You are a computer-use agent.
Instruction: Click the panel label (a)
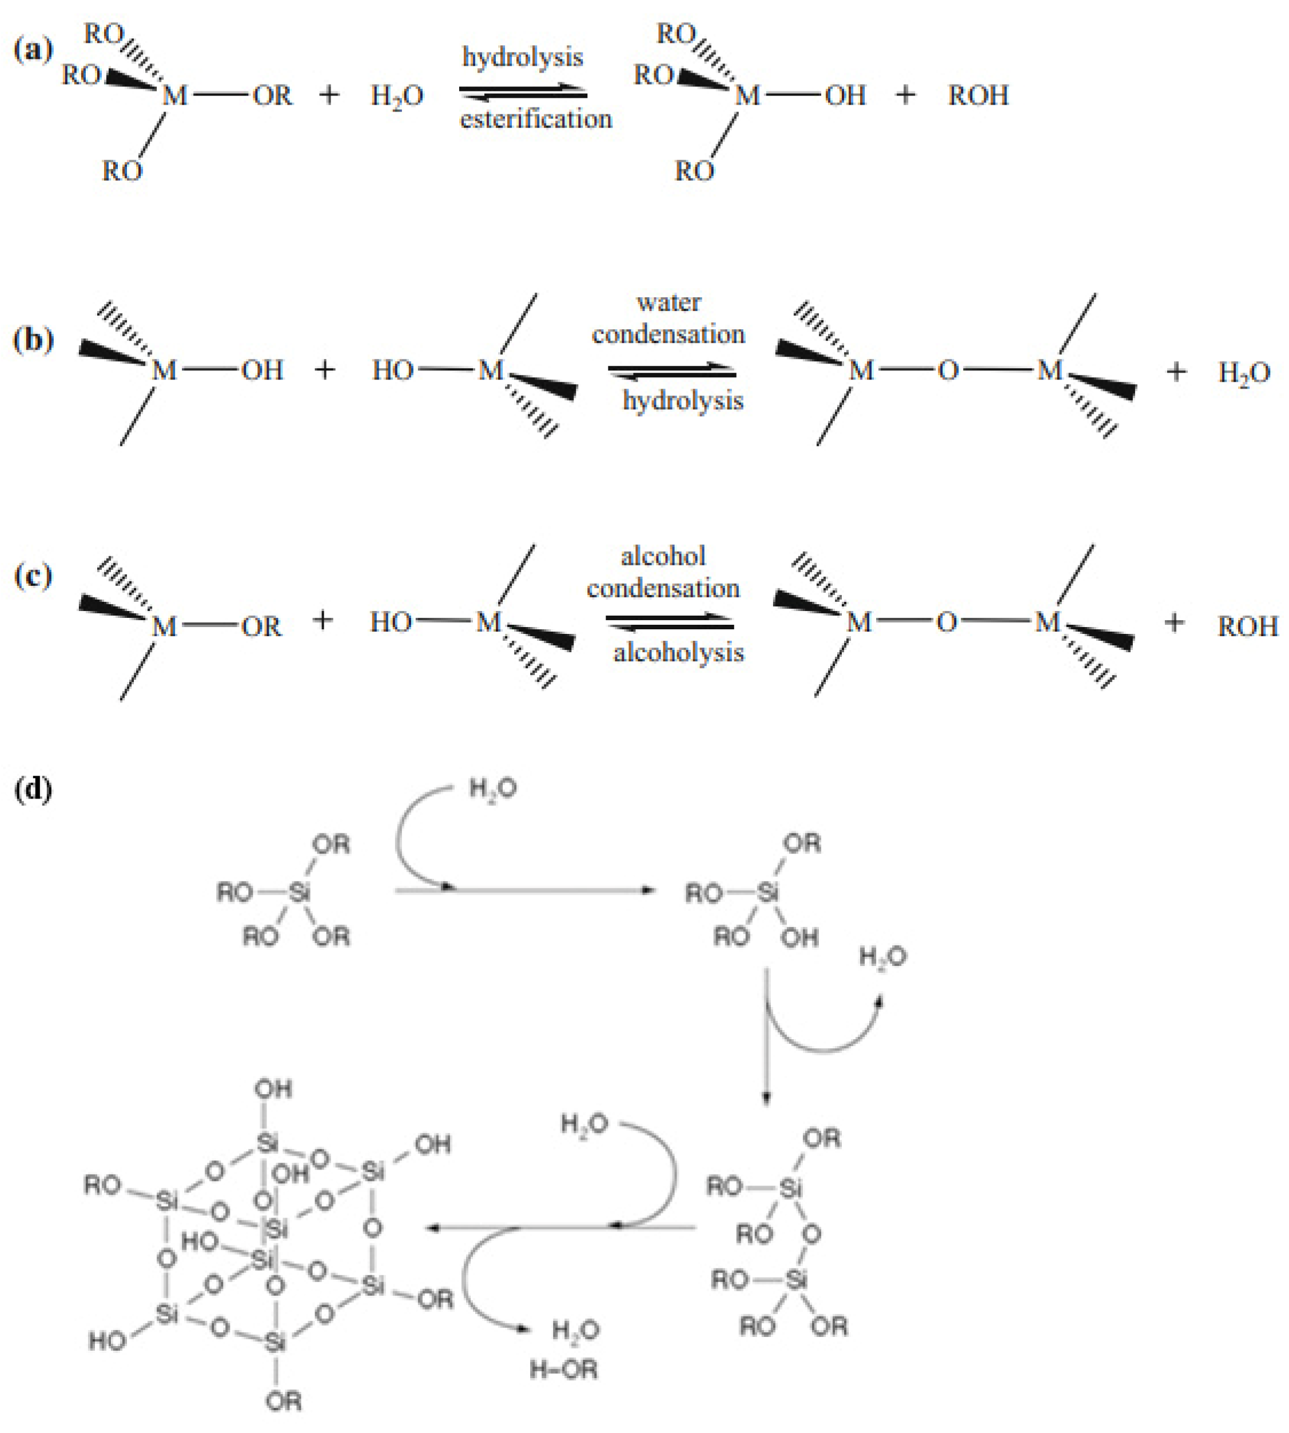coord(33,50)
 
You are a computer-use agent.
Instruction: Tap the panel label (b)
coord(33,341)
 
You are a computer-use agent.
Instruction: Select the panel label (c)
coord(33,576)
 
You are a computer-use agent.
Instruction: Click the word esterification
coord(536,119)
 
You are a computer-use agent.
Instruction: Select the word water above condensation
coord(669,302)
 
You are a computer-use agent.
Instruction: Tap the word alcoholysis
coord(678,652)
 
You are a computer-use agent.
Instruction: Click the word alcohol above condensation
coord(663,556)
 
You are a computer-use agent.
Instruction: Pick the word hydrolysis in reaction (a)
coord(523,57)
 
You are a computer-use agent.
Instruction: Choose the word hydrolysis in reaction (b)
coord(683,401)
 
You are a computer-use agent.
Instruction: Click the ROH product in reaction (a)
coord(978,95)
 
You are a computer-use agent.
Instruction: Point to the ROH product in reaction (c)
coord(1247,626)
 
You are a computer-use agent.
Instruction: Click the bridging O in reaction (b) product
coord(948,370)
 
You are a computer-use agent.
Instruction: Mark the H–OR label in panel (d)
coord(564,1370)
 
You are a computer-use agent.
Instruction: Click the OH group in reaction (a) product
coord(845,95)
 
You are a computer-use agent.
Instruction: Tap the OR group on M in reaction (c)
coord(261,626)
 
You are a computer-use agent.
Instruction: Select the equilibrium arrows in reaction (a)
coord(523,92)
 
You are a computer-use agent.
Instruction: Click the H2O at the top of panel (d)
coord(493,789)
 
